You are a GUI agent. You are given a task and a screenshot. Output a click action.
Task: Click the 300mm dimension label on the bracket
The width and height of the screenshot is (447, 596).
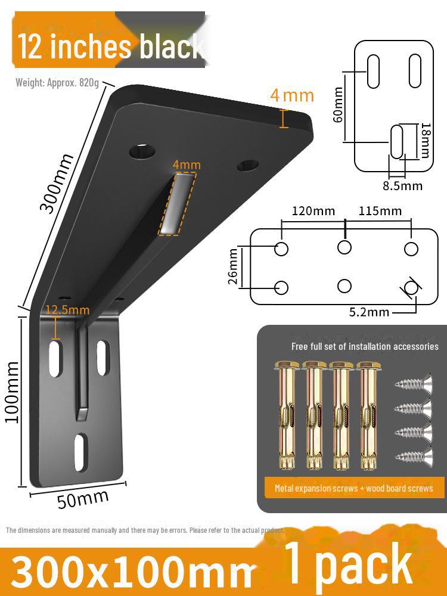pos(57,182)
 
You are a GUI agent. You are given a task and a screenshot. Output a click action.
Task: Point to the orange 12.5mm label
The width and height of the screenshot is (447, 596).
pos(67,310)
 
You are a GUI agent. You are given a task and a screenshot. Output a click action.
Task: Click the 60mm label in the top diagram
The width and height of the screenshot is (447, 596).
pos(339,104)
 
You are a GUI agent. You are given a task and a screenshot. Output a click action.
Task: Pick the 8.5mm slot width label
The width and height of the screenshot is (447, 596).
pos(402,185)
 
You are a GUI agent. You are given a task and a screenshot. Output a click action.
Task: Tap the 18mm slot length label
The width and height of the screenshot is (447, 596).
pos(425,140)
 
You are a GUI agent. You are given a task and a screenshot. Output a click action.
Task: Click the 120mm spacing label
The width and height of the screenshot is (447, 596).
pos(313,211)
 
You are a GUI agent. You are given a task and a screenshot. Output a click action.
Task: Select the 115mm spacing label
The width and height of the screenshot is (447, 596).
pos(380,211)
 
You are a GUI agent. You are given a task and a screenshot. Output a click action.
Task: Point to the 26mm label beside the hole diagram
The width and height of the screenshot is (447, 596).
pos(233,266)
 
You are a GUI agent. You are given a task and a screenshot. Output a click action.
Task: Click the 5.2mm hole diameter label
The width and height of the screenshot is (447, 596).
pos(370,312)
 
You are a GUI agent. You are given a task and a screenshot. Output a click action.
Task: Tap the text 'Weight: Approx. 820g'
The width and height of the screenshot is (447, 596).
pos(57,82)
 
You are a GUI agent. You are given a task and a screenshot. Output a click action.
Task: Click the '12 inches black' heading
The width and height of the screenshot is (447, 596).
pos(110,46)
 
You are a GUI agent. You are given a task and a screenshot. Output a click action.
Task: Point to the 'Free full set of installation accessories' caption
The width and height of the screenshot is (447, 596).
pos(365,346)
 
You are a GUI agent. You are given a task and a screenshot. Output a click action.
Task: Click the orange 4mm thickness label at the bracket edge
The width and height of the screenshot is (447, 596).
pos(291,95)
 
